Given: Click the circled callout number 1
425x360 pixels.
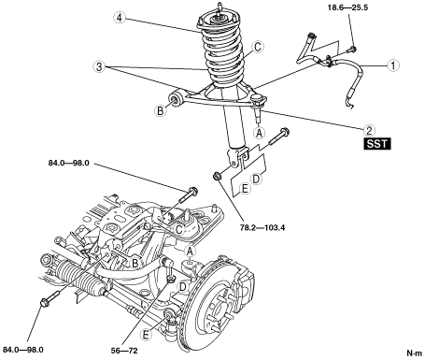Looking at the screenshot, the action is point(394,65).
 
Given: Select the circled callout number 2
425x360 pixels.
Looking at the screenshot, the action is point(369,130).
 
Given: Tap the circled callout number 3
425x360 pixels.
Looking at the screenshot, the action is point(99,66).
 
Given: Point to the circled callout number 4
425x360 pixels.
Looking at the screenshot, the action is point(120,18).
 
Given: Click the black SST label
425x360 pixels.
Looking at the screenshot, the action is point(377,144).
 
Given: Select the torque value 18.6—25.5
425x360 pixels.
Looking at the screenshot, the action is point(347,7).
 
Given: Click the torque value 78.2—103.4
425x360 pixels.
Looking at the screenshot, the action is point(262,227).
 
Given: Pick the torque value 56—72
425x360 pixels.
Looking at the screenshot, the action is point(124,351).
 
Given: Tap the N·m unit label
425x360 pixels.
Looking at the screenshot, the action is point(415,353).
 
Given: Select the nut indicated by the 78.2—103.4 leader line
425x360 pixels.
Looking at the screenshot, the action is point(216,176).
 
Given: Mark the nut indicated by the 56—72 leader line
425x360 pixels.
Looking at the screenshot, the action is point(171,279).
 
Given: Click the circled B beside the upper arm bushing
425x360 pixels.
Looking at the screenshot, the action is point(161,110).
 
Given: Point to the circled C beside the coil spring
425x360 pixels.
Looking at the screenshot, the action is point(258,48).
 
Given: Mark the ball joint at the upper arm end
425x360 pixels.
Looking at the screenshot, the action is point(259,101).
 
